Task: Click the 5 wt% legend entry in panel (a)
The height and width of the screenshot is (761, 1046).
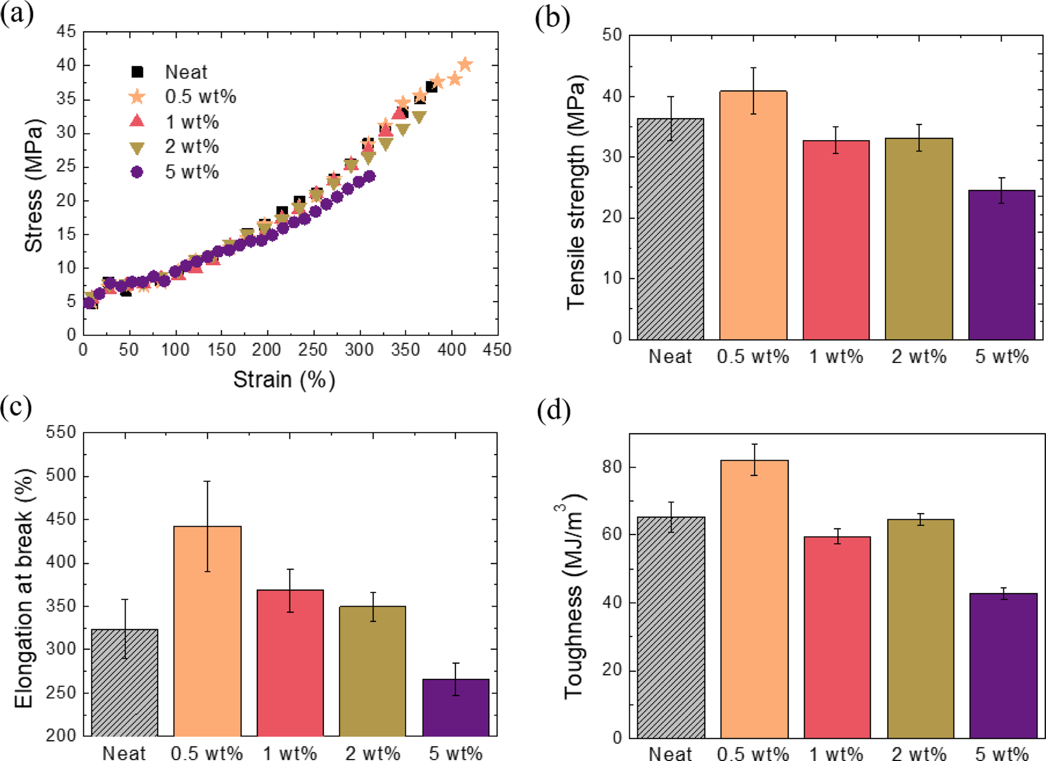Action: pos(191,172)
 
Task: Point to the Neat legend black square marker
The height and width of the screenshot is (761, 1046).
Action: pos(138,72)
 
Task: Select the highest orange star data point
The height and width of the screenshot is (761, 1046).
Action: pos(465,65)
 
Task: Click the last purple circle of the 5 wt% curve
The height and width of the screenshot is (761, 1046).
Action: pos(370,176)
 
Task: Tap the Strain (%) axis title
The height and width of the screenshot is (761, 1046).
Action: pos(284,380)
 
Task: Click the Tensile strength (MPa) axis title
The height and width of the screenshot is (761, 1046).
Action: pos(576,191)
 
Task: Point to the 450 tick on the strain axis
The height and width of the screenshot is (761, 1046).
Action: pos(497,350)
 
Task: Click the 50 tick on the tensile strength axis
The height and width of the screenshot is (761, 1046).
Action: pos(612,35)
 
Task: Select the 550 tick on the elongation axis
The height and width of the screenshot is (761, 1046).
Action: pos(61,432)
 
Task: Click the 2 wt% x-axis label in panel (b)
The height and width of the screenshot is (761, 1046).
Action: pos(919,356)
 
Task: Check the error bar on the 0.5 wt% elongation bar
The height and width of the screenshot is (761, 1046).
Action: pos(208,526)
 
